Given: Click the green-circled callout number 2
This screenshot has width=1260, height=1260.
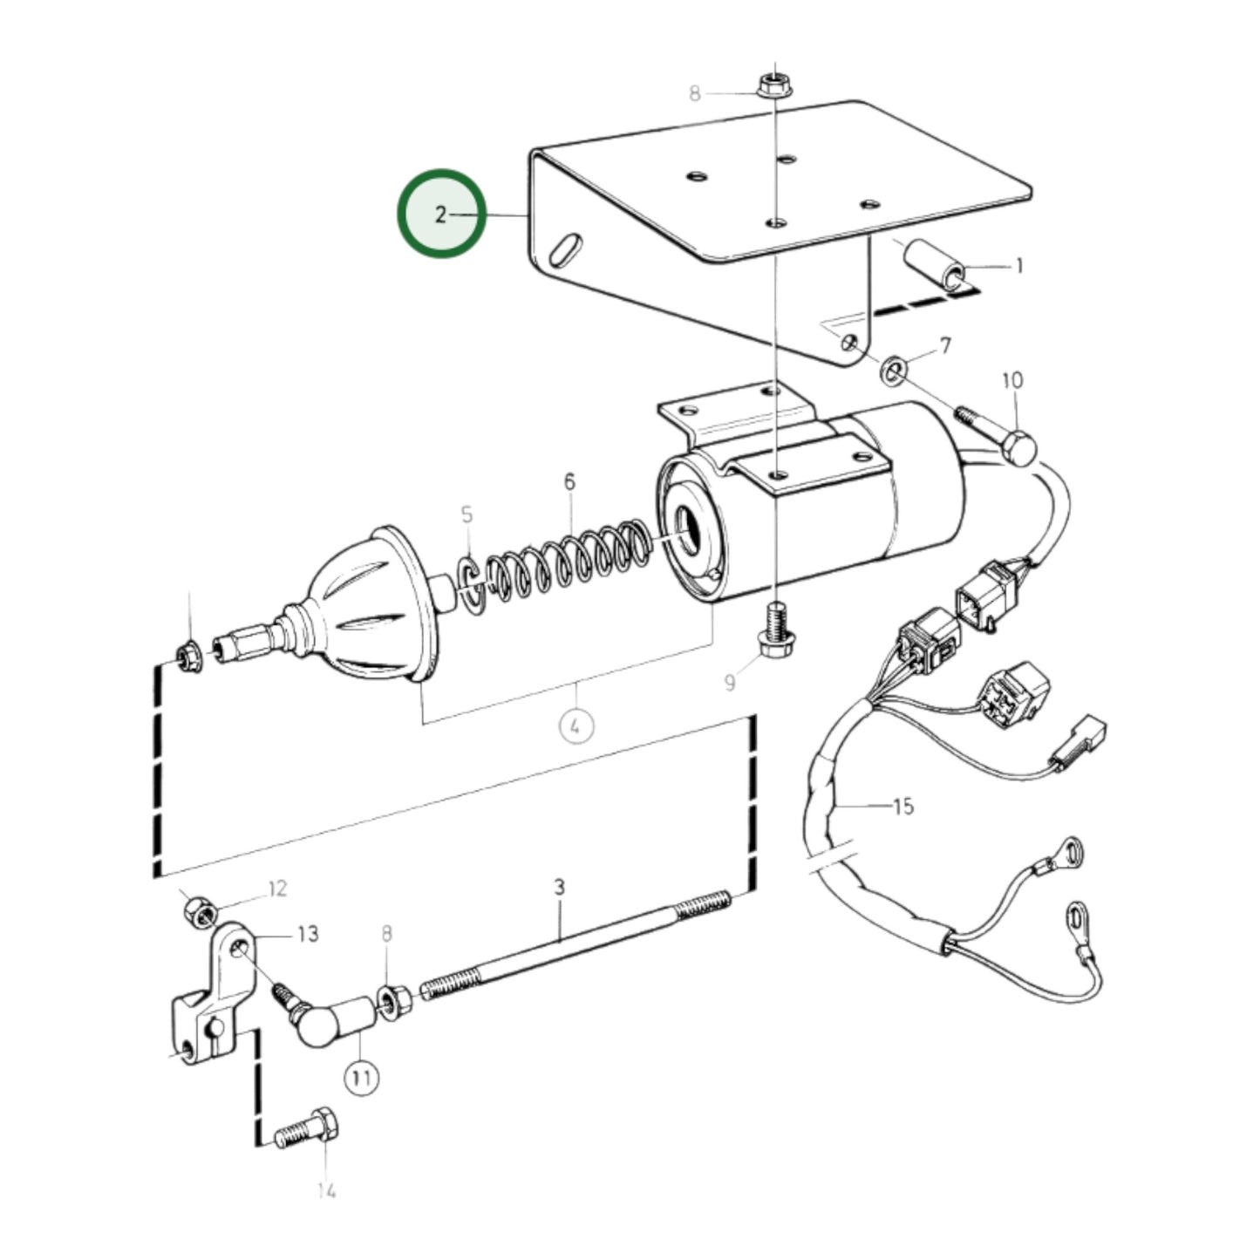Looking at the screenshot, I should coord(441,214).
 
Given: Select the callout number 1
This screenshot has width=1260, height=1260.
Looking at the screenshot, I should coord(1018,266).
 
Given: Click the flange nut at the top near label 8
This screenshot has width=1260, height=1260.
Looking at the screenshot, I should coord(771,85).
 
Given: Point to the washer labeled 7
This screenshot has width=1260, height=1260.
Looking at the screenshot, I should coord(893,370).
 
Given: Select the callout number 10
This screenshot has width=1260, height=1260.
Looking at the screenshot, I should coord(1012,380).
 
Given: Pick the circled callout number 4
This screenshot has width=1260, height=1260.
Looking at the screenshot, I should coord(576,725).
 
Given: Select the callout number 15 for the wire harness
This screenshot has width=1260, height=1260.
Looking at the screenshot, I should coord(903,807).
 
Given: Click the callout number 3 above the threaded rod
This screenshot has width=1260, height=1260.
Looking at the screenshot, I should coord(559,887).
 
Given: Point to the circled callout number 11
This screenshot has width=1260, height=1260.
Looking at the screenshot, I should coord(362,1078).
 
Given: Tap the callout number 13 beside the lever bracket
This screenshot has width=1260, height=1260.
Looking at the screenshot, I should coord(307,934).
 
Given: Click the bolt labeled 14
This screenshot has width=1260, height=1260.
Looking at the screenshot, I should coord(305,1130).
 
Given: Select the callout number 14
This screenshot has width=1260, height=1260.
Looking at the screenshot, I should coord(326,1189).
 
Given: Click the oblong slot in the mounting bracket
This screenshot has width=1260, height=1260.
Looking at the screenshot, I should coord(567,246).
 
